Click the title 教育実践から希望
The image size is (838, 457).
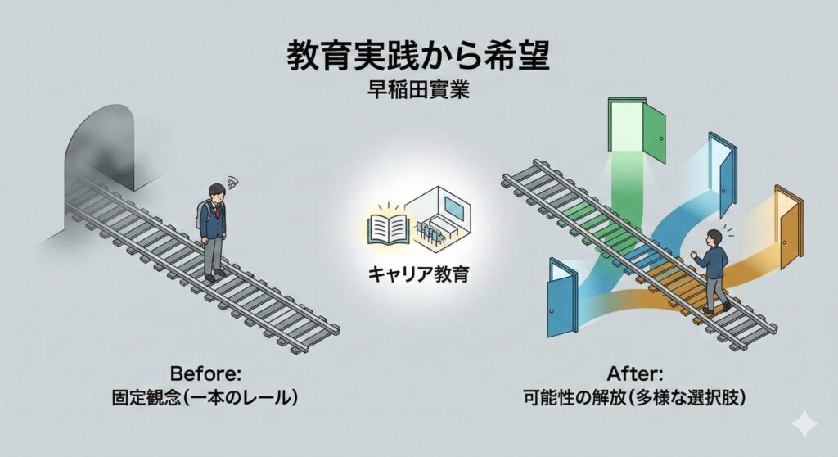pos(418,58)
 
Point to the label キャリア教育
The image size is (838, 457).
pos(419,273)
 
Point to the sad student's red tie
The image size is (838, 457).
pos(218,215)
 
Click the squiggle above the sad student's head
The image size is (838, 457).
pos(232,180)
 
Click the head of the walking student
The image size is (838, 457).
pos(714,238)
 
